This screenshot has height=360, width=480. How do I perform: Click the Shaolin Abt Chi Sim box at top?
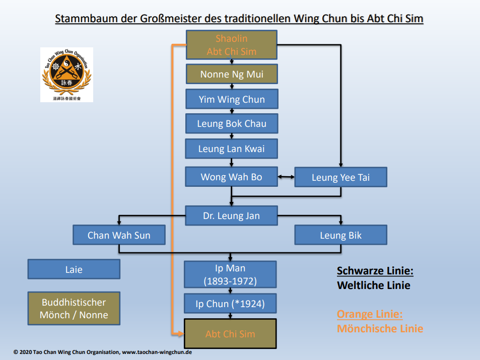tap(232, 45)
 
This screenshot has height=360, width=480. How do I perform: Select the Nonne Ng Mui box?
tap(232, 74)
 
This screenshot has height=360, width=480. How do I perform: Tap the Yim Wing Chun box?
tap(232, 99)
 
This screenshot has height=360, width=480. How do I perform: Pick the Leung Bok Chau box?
tap(232, 123)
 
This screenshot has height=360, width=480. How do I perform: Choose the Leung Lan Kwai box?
tap(232, 149)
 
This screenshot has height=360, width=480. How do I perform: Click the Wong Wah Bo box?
tap(232, 177)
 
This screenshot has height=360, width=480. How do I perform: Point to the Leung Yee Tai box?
tap(340, 177)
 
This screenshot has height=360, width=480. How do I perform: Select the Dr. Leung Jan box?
tap(232, 215)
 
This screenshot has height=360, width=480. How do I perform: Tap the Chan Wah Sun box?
tap(119, 235)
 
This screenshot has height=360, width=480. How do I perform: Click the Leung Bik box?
tap(340, 235)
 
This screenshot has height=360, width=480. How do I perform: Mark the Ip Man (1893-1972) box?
tap(231, 274)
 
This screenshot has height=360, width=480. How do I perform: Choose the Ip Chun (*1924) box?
tap(231, 304)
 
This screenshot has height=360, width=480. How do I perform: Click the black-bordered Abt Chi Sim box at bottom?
tap(231, 333)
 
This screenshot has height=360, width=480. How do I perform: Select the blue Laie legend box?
tap(74, 269)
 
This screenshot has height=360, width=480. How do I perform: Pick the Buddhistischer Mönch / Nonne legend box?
tap(74, 309)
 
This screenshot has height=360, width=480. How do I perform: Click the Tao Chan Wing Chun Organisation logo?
tap(66, 75)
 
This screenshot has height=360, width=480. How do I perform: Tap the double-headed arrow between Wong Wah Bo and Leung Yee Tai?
tap(286, 177)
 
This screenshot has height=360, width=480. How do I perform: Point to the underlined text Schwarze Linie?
tap(375, 271)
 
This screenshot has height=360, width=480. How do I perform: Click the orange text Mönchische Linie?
tap(380, 328)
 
